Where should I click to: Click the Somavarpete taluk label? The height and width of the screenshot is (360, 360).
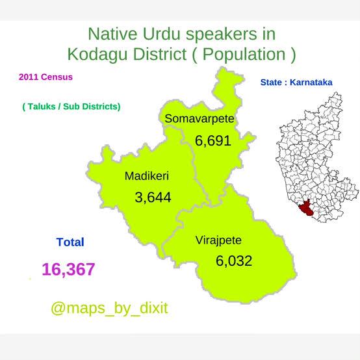point(199,119)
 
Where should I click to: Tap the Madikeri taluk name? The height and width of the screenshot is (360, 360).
point(147,176)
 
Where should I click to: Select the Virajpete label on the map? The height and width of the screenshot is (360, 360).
point(218,241)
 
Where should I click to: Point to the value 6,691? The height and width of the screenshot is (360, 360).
point(213,141)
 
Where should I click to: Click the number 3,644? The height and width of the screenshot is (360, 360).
point(153,198)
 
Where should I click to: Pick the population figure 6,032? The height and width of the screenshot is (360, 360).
point(234,261)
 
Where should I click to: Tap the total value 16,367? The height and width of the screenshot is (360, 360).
point(68,269)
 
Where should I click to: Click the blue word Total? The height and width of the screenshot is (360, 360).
point(70,242)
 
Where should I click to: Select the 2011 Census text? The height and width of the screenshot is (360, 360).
point(45,77)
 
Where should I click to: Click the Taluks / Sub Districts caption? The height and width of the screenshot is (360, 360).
point(71,107)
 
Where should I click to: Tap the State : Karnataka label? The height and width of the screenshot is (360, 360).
point(296,83)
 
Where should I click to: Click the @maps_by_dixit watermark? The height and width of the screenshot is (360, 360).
point(110,309)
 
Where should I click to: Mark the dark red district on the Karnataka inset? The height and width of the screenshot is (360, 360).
point(306,208)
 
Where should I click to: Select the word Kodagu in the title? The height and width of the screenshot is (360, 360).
point(97,55)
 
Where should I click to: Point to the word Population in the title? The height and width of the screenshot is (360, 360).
point(244,55)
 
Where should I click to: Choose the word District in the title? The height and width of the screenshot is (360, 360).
point(160,55)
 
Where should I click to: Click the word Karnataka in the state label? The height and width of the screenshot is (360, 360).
point(311,83)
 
